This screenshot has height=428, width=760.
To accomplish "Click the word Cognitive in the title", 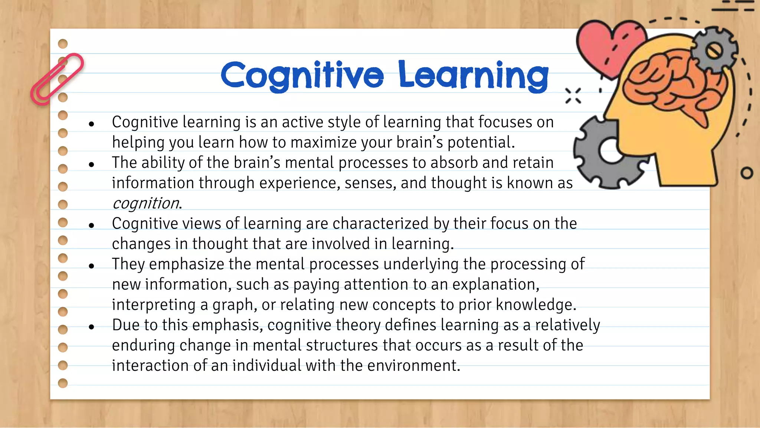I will (x=302, y=75).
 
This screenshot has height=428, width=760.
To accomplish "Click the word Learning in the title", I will (x=473, y=75).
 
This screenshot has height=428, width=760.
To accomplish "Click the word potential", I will (x=481, y=142).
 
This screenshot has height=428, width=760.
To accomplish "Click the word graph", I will (x=234, y=305).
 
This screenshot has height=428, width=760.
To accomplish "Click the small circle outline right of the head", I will (x=747, y=173).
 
